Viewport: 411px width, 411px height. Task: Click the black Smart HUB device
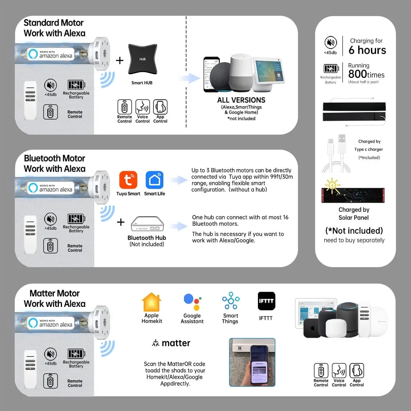(142, 59)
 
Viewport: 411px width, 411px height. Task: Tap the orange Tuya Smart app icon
(128, 180)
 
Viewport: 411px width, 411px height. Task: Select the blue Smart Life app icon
(154, 180)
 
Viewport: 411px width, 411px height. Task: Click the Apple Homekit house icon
(151, 302)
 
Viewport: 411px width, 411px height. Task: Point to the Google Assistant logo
(192, 302)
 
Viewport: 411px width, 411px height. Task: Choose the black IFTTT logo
(266, 301)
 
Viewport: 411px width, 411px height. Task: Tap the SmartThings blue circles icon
(231, 300)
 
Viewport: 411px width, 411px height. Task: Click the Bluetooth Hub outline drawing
(147, 224)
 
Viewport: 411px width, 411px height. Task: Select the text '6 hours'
(367, 50)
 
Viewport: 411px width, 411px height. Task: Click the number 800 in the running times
(358, 74)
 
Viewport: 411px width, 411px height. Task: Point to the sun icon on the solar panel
(332, 185)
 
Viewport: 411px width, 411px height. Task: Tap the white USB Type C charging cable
(336, 153)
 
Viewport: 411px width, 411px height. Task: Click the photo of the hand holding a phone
(252, 362)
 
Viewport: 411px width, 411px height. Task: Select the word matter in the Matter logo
(176, 343)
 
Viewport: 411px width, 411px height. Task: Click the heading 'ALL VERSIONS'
(241, 100)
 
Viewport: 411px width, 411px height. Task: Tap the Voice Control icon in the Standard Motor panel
(142, 107)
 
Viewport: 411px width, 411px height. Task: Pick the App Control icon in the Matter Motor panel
(357, 371)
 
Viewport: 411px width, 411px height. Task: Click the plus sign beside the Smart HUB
(120, 60)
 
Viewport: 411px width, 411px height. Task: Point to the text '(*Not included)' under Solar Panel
(354, 231)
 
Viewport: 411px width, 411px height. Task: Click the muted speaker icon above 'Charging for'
(331, 42)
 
